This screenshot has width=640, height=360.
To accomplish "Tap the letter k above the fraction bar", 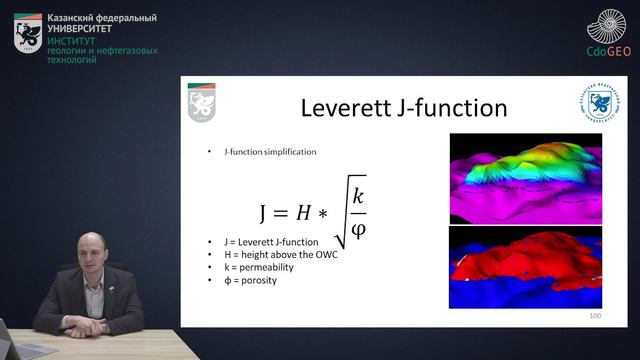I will click(358, 195).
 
